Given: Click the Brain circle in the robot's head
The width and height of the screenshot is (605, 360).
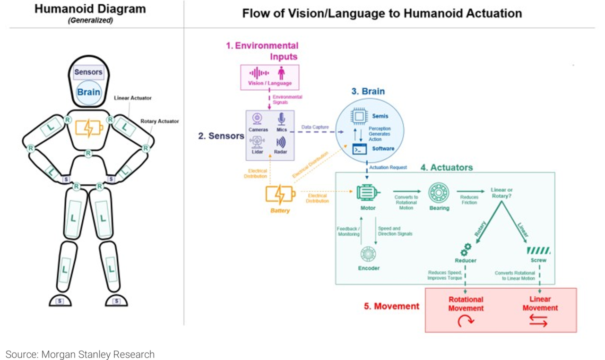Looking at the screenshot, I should coord(88,92).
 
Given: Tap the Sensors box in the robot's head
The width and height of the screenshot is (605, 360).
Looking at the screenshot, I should coord(88,72).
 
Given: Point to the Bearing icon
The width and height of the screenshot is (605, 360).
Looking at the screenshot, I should coord(439,193).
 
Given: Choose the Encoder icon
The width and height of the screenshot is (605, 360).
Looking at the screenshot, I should coord(368,254).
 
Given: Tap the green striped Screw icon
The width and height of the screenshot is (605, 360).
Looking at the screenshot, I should coord(538,250).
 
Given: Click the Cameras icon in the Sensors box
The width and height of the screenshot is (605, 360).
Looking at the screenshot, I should coord(258,118).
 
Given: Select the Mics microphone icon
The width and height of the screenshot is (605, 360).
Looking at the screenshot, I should coord(281,119).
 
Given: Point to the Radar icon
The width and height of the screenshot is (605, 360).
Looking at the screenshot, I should coord(281,142).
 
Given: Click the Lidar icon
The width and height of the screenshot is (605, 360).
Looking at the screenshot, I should coord(258,142).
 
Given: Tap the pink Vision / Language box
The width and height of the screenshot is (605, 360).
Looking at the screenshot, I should coord(270,77).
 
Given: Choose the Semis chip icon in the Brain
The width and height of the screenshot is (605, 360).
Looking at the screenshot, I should coord(359,116).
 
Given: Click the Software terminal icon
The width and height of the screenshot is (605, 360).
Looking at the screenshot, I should coord(360,149).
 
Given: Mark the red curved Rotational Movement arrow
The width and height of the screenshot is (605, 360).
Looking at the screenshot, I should coord(466,321).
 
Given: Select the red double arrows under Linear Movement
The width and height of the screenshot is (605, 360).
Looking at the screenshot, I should coord(539,321).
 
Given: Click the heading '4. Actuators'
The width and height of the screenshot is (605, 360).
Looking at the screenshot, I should coord(447,167).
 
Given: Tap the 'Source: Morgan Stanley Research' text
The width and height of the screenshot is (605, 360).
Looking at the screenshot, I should coord(80,354).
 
